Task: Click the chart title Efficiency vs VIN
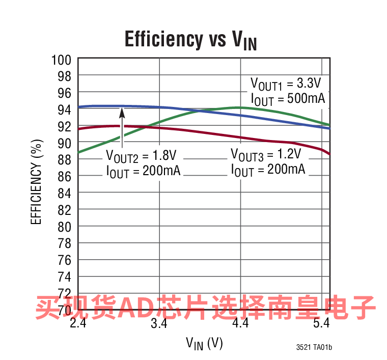[190, 40]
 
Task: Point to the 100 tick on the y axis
[61, 59]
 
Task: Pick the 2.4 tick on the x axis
[78, 324]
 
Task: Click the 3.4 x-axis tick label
[159, 324]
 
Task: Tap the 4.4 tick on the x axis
[240, 324]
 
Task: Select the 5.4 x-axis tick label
[322, 324]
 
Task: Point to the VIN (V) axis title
[204, 344]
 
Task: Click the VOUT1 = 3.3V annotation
[286, 84]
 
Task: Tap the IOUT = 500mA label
[288, 99]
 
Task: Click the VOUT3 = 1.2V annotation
[266, 154]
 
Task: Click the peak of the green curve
[239, 107]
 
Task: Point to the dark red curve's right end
[330, 153]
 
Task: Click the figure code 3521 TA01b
[314, 348]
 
